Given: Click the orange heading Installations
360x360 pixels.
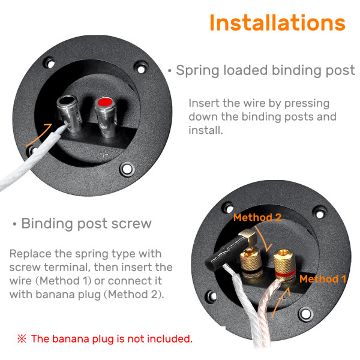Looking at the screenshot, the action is point(277,23).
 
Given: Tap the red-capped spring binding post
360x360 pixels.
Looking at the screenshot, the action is point(106,116).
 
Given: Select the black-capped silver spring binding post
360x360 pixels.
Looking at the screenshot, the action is point(70,113).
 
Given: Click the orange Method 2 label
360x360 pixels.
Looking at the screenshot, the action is point(257,217).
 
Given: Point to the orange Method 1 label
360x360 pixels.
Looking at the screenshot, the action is point(323,279).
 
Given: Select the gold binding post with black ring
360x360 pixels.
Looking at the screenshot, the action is point(251,264).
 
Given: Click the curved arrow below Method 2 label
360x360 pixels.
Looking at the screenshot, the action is point(263,239).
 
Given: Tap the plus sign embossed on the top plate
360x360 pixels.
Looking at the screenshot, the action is point(104,154).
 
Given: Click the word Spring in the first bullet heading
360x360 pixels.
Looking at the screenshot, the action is point(199,70).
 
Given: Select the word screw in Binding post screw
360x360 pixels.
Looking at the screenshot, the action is point(131,223).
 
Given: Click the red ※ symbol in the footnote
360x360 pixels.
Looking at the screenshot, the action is point(22,338).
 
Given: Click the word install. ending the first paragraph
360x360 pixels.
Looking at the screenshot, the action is point(206,130).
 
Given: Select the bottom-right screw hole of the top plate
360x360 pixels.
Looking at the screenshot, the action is point(127,169).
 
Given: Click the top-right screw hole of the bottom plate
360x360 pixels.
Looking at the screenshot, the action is point(320,214).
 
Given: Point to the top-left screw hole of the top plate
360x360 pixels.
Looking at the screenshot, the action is point(49,63).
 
